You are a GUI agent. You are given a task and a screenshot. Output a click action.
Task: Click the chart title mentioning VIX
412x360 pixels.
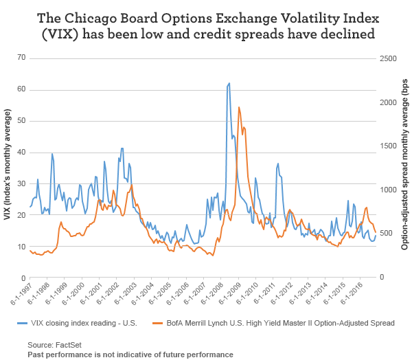point(206,25)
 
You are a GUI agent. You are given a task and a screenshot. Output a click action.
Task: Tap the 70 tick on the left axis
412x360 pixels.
point(21,58)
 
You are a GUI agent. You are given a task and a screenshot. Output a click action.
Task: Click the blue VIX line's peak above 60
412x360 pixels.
point(229,83)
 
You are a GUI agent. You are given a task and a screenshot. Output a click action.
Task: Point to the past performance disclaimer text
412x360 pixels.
point(130,354)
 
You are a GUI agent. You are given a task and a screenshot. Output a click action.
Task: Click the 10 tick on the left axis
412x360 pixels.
point(21,246)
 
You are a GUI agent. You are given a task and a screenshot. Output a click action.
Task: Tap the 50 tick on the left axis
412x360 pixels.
point(21,120)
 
